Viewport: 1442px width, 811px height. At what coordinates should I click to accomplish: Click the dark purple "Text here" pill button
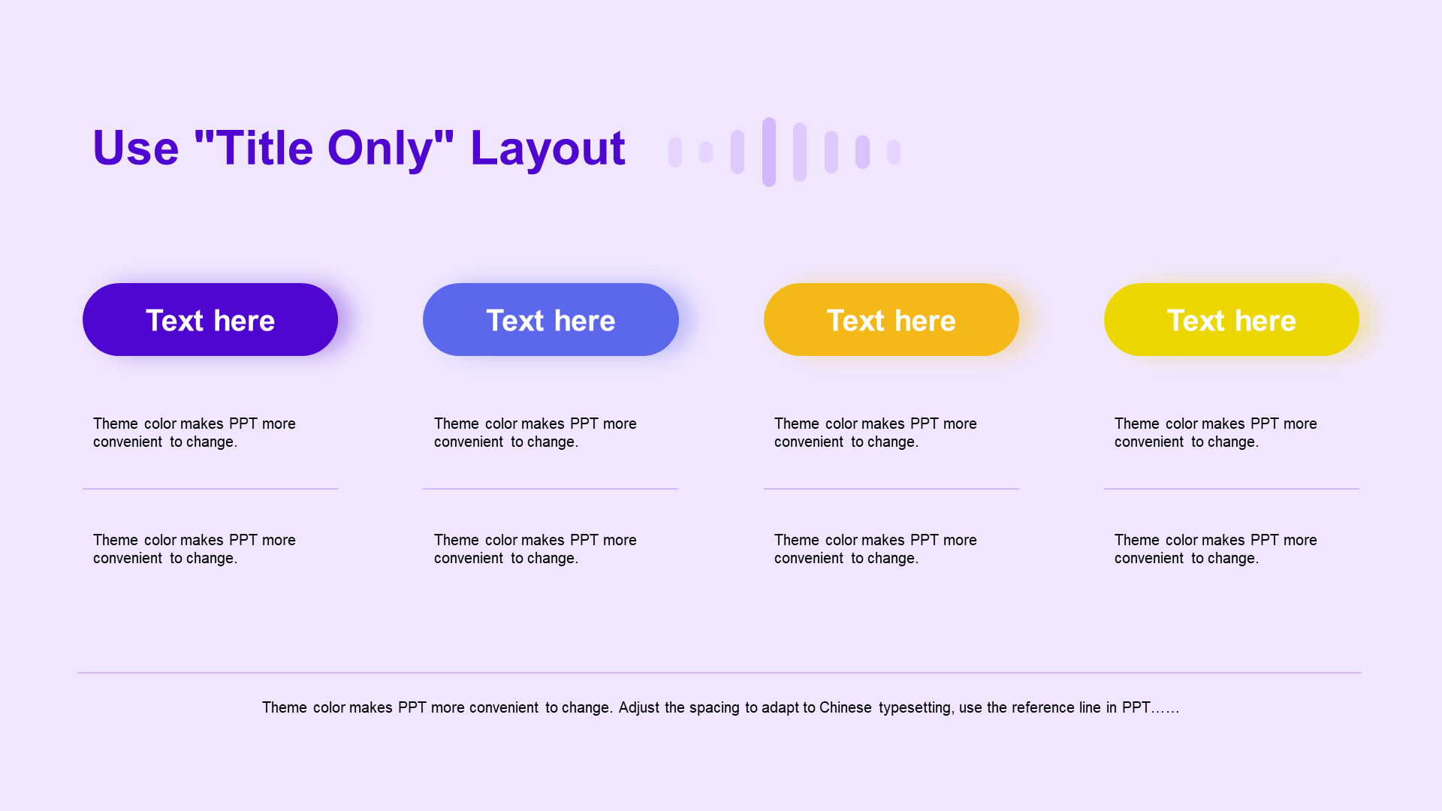coord(210,319)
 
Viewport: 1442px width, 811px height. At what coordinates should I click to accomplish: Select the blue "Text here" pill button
coord(551,319)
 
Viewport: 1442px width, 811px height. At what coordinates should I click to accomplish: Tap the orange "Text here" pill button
coord(891,319)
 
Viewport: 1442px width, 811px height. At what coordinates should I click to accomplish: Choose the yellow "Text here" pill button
coord(1232,319)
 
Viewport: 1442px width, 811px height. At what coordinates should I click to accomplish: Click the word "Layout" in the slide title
coord(548,149)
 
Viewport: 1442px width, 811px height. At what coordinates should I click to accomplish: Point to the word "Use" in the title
coord(136,148)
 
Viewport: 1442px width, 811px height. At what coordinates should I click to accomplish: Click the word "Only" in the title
coord(380,149)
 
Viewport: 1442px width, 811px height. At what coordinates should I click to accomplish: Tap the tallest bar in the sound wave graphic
coord(769,152)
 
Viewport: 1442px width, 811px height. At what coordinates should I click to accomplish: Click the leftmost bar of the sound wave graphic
coord(675,152)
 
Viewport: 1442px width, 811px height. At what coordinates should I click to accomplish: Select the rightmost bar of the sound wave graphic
coord(894,152)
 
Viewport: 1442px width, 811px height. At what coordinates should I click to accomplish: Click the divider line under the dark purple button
coord(210,489)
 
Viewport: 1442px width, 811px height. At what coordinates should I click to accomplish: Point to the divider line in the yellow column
coord(1232,489)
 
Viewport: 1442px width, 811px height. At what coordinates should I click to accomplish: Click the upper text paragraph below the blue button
coord(535,433)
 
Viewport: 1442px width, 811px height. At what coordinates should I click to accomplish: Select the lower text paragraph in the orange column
coord(876,549)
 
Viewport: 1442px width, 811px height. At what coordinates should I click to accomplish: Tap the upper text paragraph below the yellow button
coord(1216,433)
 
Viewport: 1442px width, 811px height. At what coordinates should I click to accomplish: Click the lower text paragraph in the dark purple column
coord(195,549)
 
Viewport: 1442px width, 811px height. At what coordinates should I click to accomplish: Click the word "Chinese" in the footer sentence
coord(846,707)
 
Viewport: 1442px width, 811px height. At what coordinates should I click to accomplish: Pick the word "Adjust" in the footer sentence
coord(638,708)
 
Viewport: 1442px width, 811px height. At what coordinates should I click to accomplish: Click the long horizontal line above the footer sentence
coord(719,673)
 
